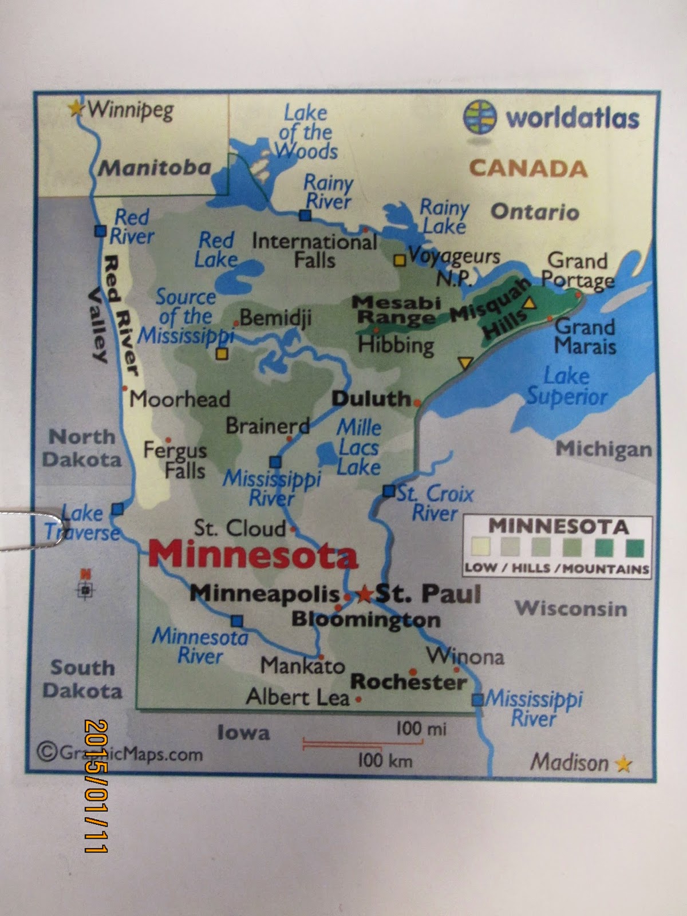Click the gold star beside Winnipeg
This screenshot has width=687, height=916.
76,108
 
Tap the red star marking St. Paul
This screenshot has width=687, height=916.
364,595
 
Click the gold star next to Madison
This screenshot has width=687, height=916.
623,764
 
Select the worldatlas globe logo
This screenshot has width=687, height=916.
479,117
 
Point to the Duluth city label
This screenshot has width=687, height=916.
371,399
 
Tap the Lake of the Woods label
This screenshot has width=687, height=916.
306,132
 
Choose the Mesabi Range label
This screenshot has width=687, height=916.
396,309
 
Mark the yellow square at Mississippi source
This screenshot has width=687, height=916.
222,354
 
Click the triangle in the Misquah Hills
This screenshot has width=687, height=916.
530,303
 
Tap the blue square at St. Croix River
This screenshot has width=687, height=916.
389,491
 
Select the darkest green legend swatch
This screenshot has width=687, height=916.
635,548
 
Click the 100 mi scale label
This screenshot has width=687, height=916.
421,729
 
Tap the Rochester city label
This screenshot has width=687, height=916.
408,682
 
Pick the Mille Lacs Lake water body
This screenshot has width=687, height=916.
329,456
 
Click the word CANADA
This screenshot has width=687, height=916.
528,168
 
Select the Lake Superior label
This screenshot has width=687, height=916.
567,386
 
